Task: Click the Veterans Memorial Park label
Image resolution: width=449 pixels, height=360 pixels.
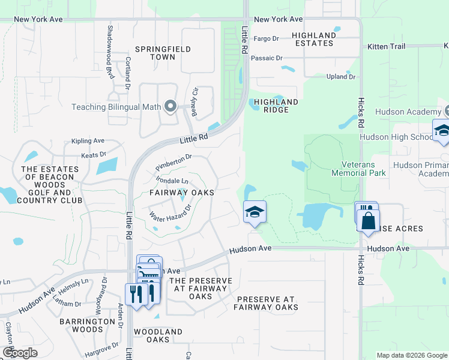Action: [358, 169]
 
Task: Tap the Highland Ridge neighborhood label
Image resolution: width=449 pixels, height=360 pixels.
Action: [276, 106]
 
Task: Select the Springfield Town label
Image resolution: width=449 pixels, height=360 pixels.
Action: [155, 53]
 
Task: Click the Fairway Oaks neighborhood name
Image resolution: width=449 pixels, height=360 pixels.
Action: [182, 193]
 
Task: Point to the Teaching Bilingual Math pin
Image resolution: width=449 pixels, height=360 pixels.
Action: [170, 107]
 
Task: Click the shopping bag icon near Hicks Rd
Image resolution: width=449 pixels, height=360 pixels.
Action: [368, 220]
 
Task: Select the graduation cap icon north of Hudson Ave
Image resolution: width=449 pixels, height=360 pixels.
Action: [255, 212]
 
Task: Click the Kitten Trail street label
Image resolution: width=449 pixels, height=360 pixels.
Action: [388, 46]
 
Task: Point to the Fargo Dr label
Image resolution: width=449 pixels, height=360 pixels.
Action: [267, 38]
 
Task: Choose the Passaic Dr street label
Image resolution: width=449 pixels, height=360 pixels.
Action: [267, 58]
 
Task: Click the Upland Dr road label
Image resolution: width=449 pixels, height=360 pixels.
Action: [341, 77]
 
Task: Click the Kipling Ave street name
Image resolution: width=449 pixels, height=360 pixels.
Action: [88, 141]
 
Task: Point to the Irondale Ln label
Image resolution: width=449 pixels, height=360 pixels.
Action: [172, 180]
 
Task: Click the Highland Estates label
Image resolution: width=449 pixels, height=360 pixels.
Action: [313, 39]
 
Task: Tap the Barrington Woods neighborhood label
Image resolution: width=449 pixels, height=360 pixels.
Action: [88, 325]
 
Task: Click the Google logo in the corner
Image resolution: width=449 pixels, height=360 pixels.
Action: [19, 353]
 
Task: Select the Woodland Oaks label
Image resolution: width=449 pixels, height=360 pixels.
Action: [158, 335]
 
